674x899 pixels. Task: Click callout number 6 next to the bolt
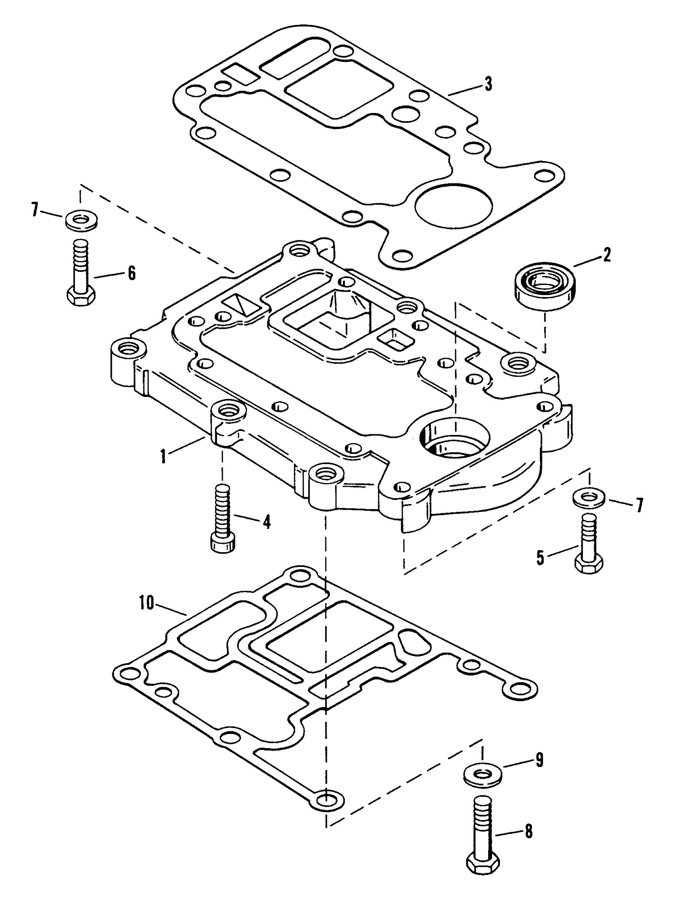coord(132,273)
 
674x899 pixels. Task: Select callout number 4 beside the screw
coord(266,522)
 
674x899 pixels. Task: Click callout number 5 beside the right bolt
coord(540,558)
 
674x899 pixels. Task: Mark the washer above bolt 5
coord(589,498)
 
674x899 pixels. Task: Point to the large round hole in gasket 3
coord(454,206)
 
